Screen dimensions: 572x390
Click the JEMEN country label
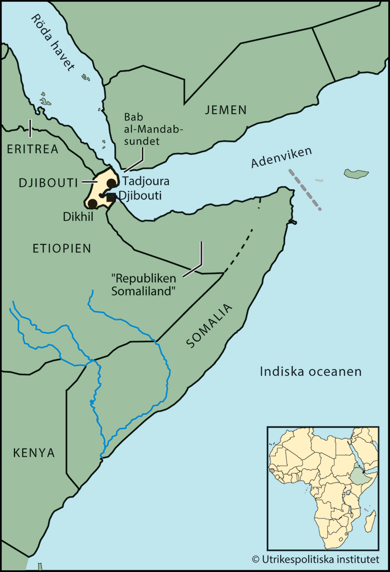click(226, 110)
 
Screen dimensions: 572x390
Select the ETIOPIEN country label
click(62, 248)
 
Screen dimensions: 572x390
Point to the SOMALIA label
click(210, 326)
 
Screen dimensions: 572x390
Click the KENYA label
click(34, 453)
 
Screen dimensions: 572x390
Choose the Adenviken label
click(282, 157)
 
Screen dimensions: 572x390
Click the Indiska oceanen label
click(311, 372)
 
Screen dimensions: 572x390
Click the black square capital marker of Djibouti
click(111, 197)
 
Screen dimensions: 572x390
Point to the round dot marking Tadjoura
click(111, 183)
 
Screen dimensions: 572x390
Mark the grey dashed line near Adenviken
click(304, 189)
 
